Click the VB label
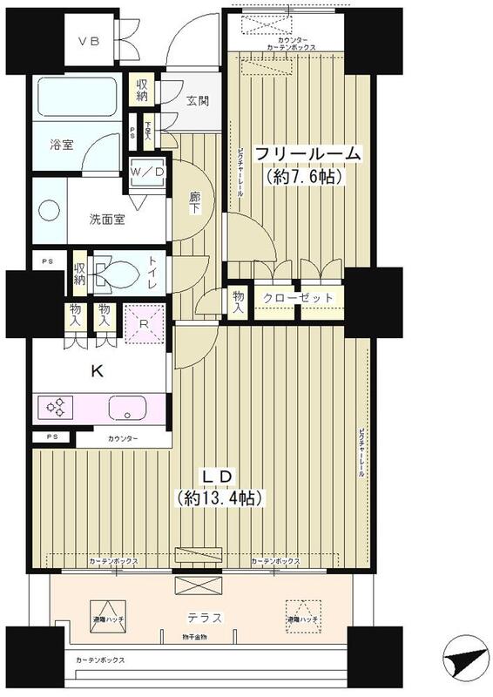(89, 41)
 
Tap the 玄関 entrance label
(197, 100)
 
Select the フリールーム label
(307, 154)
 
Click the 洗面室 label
(106, 219)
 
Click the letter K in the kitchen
(98, 371)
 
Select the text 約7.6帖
(301, 177)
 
